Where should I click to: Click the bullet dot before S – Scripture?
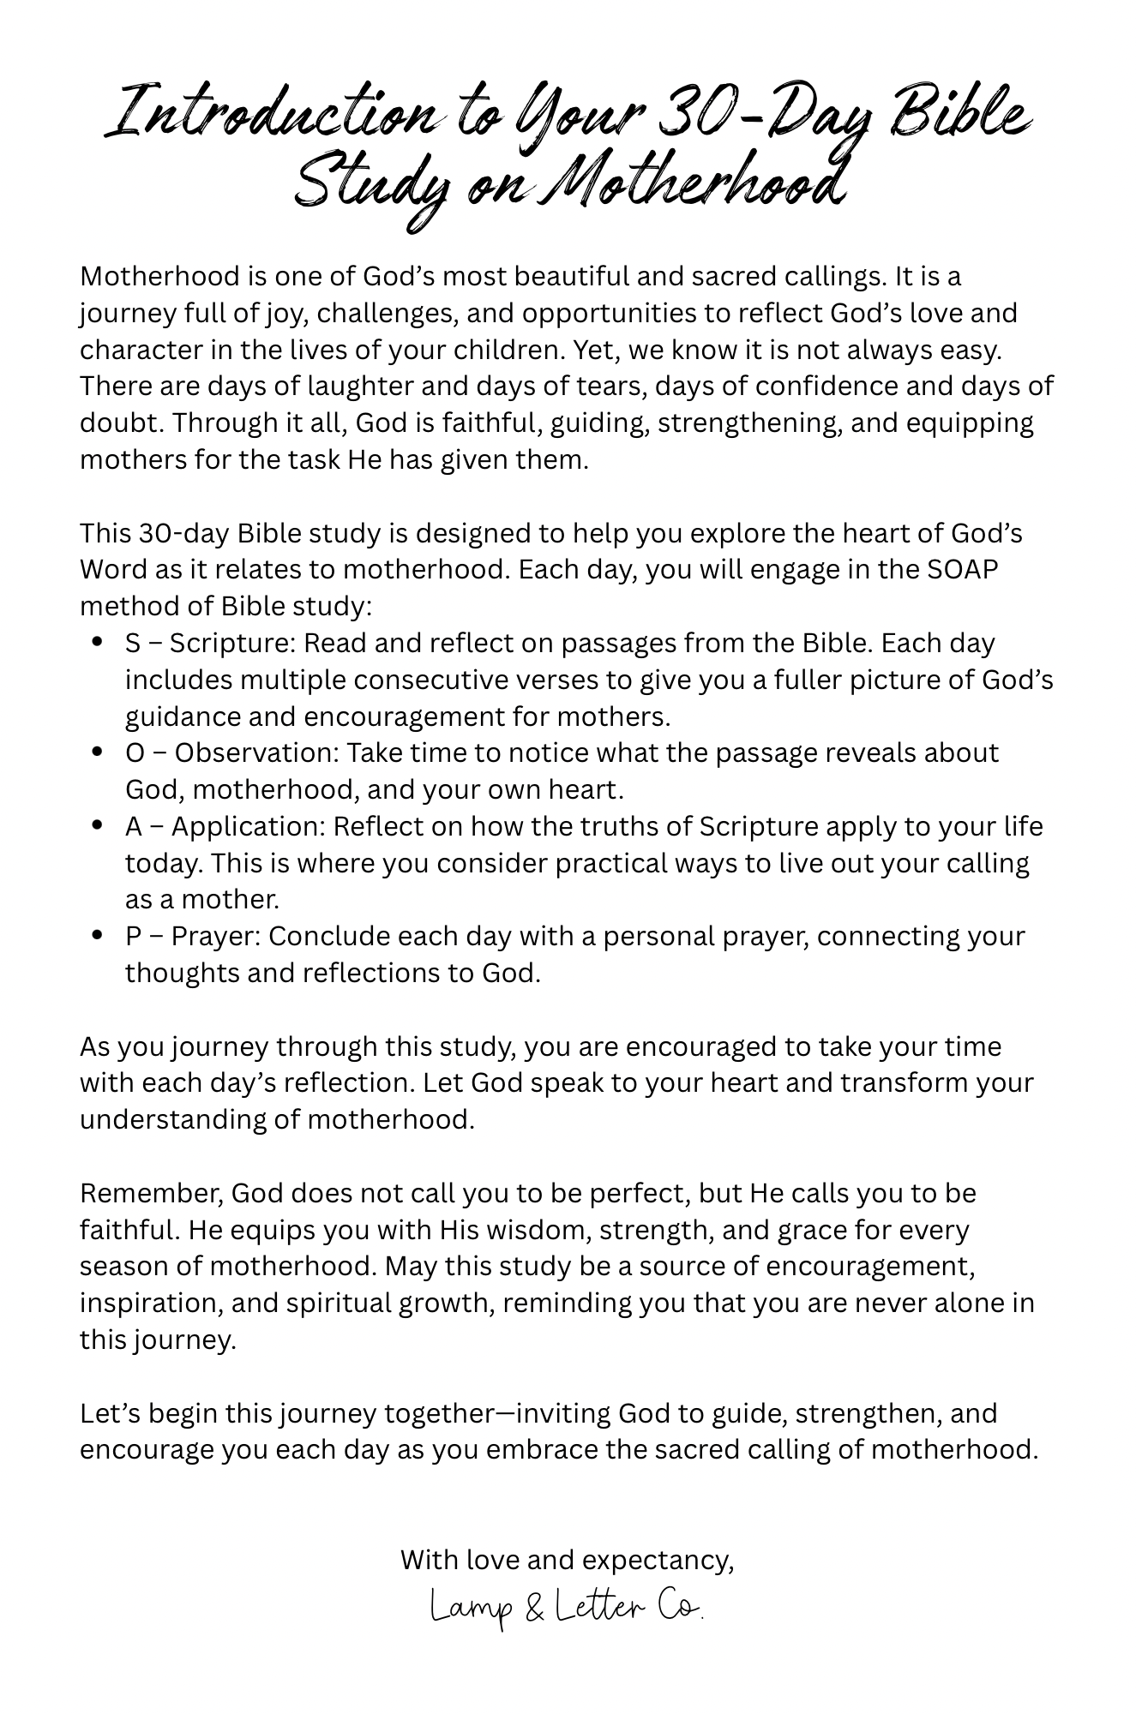[98, 642]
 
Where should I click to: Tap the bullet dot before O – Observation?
[98, 752]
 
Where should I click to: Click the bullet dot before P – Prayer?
[98, 935]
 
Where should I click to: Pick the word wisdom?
[530, 1230]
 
